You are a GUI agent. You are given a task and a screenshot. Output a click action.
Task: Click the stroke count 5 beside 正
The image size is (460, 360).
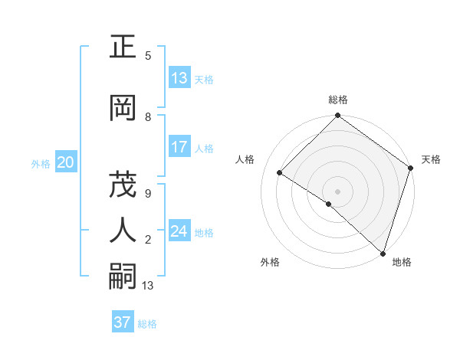click(x=148, y=56)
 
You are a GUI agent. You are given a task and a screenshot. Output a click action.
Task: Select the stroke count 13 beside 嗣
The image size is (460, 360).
click(x=148, y=286)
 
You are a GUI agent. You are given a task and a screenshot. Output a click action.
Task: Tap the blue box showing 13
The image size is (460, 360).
click(x=179, y=78)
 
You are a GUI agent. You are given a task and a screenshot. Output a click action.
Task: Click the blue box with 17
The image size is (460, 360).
click(x=179, y=146)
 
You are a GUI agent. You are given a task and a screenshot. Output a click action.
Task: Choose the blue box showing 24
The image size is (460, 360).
click(x=179, y=231)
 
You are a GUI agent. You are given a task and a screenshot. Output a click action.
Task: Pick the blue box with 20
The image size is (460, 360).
click(x=66, y=162)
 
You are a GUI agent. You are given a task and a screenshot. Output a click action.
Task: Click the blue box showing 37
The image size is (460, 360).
click(x=122, y=322)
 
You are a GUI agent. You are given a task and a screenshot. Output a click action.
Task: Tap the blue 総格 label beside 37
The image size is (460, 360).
click(x=147, y=324)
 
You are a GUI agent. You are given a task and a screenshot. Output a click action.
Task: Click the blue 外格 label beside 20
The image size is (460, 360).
click(x=41, y=164)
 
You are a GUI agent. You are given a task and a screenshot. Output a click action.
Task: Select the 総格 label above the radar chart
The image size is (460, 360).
click(x=338, y=100)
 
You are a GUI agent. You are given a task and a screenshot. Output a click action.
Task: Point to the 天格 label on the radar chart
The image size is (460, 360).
click(x=431, y=159)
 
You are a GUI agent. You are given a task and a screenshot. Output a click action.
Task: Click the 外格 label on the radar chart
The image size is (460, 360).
click(x=270, y=262)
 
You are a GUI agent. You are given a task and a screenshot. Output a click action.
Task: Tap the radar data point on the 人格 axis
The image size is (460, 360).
click(x=280, y=173)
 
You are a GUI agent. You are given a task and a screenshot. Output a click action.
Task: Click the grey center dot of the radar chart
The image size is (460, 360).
click(x=337, y=191)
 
